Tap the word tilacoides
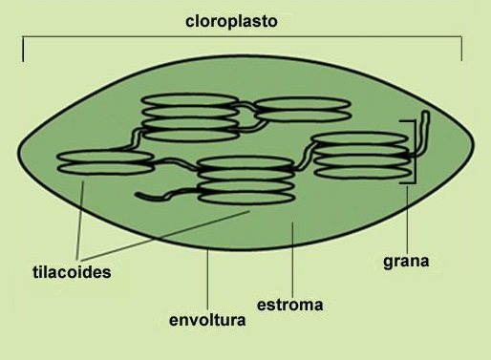click(x=65, y=272)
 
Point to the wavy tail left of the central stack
click(x=162, y=197)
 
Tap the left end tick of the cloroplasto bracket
click(x=23, y=50)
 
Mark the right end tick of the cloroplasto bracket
click(x=461, y=50)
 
